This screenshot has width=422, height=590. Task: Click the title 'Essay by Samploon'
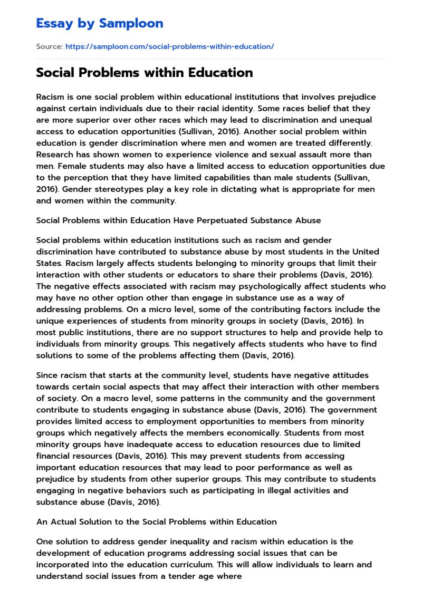pyautogui.click(x=99, y=23)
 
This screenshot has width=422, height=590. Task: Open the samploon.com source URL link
pyautogui.click(x=169, y=46)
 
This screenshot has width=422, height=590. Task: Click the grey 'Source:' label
pyautogui.click(x=49, y=46)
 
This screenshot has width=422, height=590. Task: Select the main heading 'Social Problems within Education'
pyautogui.click(x=144, y=72)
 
